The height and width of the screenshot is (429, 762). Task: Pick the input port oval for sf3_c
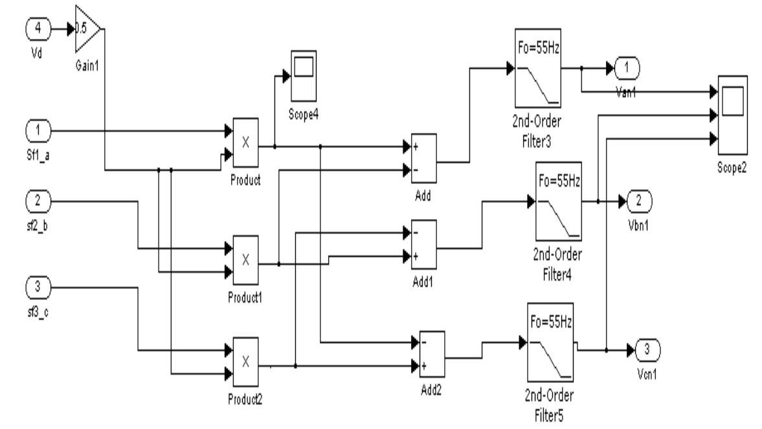(x=38, y=286)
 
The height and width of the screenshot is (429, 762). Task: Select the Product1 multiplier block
(x=245, y=259)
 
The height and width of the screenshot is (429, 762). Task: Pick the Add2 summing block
(x=431, y=354)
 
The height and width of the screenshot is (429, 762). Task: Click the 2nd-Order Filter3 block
(x=537, y=67)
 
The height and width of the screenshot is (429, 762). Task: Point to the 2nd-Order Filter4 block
(x=559, y=202)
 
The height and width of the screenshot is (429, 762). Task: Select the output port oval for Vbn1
(x=638, y=202)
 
